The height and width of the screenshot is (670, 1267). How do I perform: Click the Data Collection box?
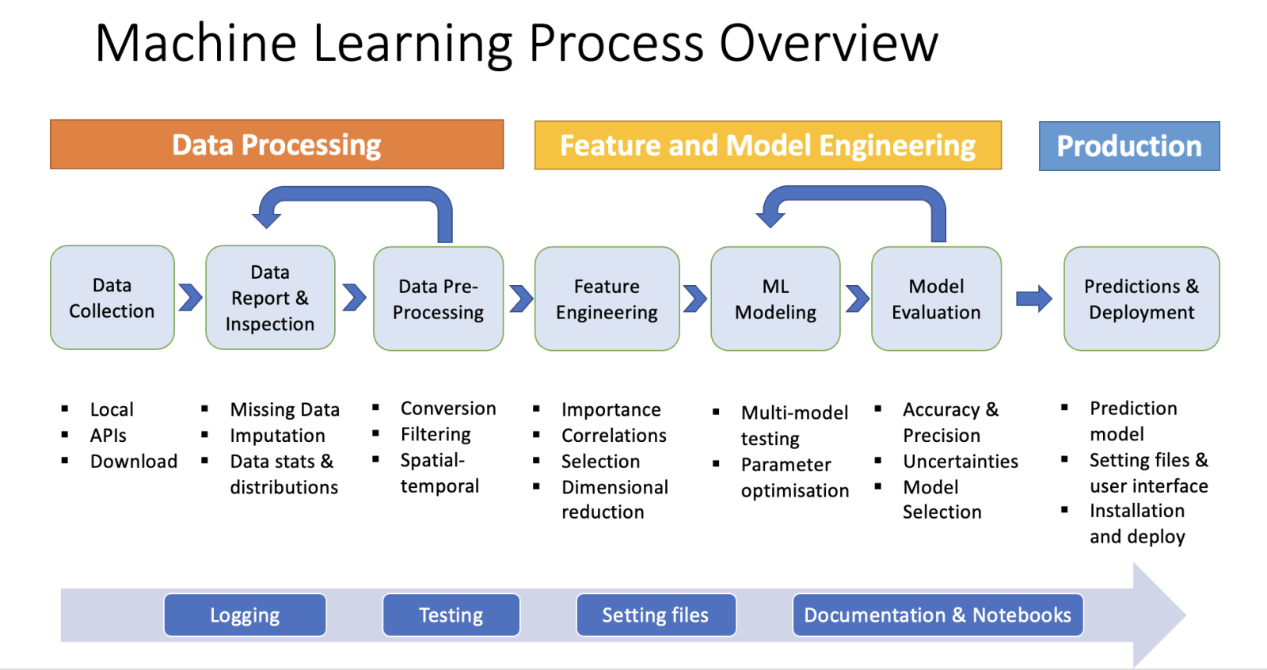[112, 298]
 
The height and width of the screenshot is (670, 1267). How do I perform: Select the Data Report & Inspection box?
[270, 298]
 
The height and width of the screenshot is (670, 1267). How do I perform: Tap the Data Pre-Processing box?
[439, 299]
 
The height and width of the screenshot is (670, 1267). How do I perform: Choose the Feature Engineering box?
[607, 299]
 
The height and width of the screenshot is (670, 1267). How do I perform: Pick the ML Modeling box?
[775, 299]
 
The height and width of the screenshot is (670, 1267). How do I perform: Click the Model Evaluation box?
[937, 299]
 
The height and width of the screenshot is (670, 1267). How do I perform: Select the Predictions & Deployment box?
[1141, 299]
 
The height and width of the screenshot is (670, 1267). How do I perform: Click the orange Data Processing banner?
[276, 144]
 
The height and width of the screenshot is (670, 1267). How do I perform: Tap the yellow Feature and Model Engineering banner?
[768, 146]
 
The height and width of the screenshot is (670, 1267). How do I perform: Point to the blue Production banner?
[1129, 146]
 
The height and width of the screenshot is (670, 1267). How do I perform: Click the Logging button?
[245, 615]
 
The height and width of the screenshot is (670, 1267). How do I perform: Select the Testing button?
[451, 615]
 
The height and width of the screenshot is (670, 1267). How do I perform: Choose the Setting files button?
[656, 615]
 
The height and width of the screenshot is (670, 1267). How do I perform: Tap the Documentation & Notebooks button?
[938, 615]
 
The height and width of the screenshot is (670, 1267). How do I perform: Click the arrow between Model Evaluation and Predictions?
[1034, 299]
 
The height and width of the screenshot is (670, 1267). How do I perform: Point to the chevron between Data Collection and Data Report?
[191, 298]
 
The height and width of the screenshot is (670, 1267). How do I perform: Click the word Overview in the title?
[828, 44]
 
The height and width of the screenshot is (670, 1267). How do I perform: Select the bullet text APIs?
[108, 436]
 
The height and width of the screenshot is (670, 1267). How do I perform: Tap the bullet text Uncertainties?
[961, 462]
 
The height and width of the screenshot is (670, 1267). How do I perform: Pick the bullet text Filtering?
[436, 435]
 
